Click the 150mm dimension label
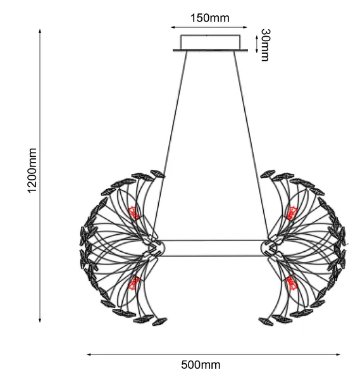[210, 18]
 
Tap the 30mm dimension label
[265, 45]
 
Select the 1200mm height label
[32, 171]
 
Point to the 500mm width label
[201, 364]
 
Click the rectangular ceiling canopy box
[211, 42]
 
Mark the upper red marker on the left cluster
[134, 213]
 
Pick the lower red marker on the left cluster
[134, 283]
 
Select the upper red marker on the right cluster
[292, 213]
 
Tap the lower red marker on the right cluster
[292, 283]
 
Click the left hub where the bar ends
[156, 247]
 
